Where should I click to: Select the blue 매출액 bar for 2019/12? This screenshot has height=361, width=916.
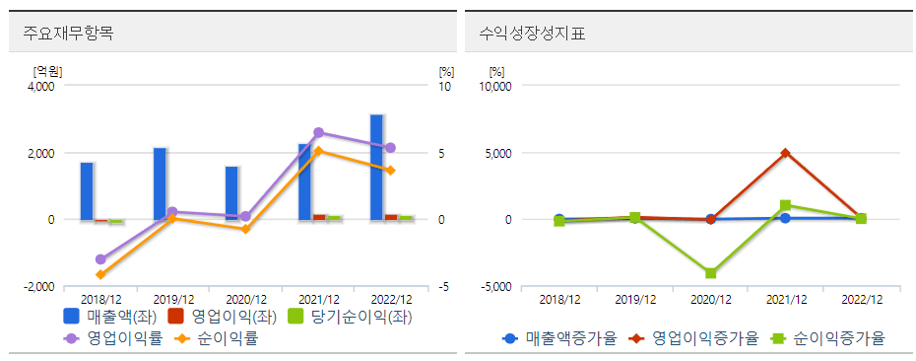pos(160,183)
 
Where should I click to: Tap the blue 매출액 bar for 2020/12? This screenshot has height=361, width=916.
pos(231,193)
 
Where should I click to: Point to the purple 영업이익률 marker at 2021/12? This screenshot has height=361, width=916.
pos(318,132)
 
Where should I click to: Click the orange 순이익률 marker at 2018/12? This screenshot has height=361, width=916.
pos(100,274)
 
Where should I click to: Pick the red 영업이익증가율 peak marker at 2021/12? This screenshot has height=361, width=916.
pos(785,153)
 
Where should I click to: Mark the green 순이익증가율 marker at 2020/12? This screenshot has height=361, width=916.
pos(710,273)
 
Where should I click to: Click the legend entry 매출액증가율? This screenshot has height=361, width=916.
pos(559,338)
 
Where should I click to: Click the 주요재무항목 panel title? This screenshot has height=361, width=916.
pos(69,33)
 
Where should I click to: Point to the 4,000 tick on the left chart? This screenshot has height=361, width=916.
pos(40,87)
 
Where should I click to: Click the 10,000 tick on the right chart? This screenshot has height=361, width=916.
pos(494,87)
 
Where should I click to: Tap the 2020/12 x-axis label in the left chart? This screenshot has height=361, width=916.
pos(246,299)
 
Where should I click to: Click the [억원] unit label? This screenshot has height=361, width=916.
pos(47,71)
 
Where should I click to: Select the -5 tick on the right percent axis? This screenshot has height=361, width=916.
pos(445,287)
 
